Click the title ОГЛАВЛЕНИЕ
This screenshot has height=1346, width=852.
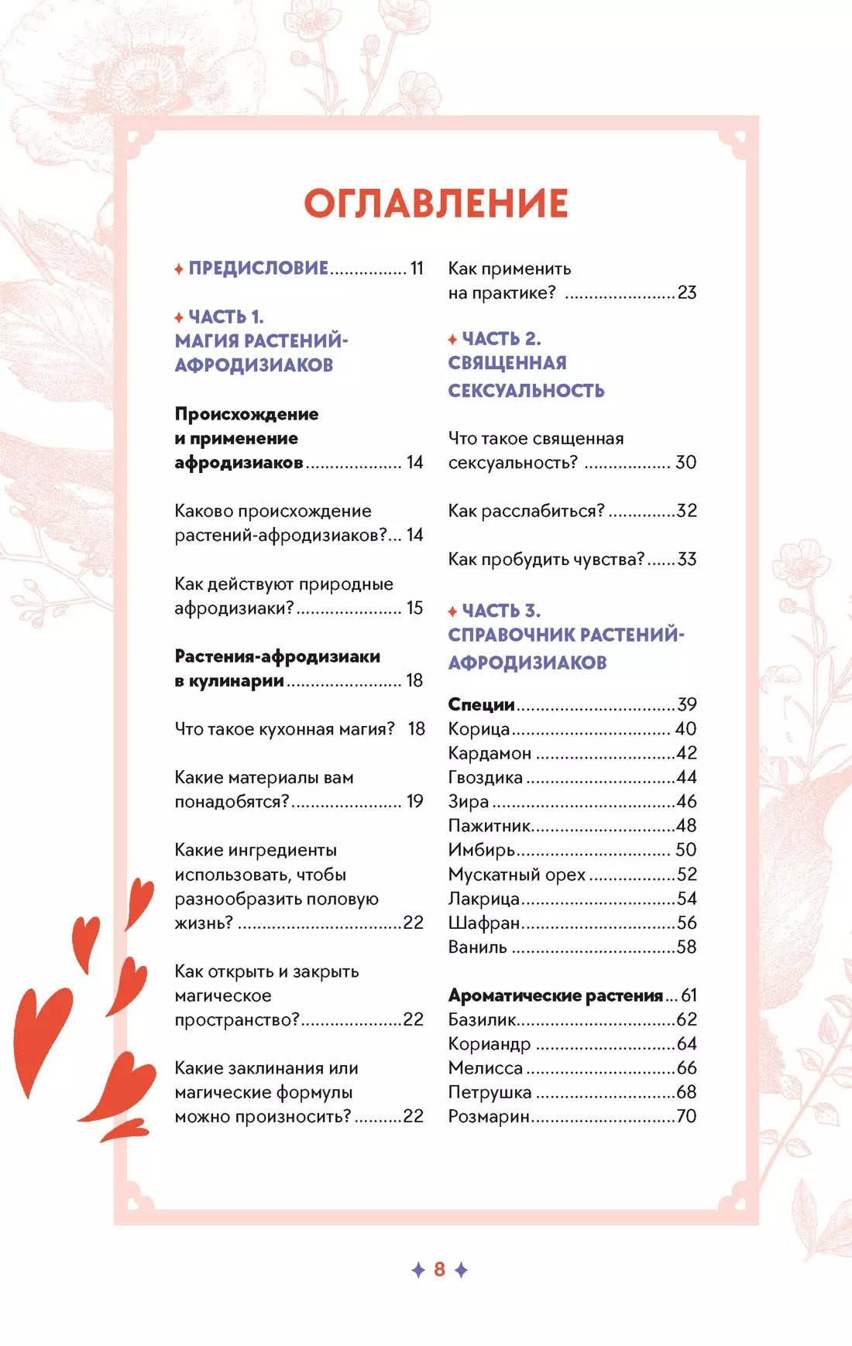click(x=436, y=204)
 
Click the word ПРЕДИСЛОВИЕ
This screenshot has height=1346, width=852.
click(x=259, y=269)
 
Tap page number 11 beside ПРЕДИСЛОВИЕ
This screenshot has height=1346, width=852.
click(x=417, y=269)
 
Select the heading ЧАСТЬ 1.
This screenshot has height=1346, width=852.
click(x=226, y=317)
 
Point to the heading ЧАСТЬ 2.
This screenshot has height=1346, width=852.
click(x=501, y=339)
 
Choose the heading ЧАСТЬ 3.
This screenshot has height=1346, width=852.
click(x=501, y=611)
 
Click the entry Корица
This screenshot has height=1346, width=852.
click(x=479, y=729)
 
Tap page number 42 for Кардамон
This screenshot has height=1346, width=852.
click(x=686, y=753)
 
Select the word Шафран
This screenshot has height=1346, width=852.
click(x=483, y=923)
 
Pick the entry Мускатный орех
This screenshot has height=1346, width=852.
click(x=517, y=875)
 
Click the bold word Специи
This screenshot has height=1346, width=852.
click(x=481, y=704)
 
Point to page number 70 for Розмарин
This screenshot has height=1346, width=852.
click(x=686, y=1116)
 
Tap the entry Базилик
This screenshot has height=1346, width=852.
click(x=482, y=1019)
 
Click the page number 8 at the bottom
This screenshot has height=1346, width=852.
click(x=439, y=1269)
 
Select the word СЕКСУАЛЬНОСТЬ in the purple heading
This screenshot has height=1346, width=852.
click(x=526, y=390)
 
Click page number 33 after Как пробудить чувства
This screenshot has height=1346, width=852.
click(x=686, y=559)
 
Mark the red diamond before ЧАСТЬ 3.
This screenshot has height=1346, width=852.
click(x=452, y=611)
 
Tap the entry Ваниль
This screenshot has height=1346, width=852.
click(x=477, y=947)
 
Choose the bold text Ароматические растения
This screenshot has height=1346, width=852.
click(x=555, y=995)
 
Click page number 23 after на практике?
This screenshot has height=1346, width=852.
click(x=687, y=293)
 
